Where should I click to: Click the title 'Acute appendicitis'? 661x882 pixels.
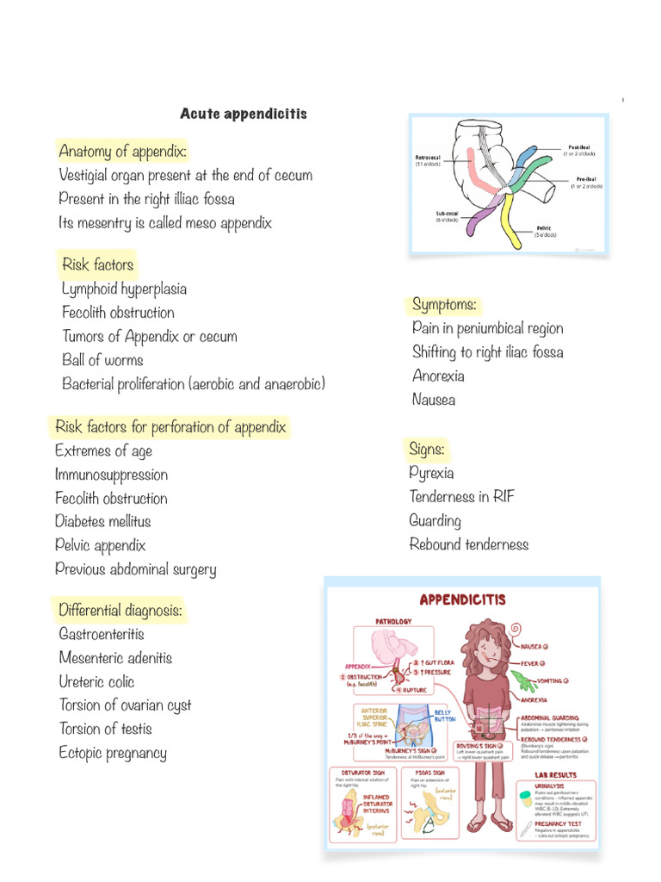click(x=244, y=114)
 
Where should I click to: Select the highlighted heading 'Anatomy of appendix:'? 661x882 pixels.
click(x=122, y=152)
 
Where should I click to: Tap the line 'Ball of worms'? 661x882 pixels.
click(x=102, y=360)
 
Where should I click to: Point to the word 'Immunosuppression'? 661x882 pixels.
click(x=111, y=475)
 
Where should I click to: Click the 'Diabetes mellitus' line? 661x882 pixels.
click(x=102, y=521)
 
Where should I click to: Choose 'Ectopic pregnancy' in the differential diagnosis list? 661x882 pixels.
click(x=113, y=753)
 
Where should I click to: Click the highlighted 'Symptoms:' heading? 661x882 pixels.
click(x=444, y=305)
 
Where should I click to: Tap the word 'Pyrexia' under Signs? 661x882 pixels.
click(x=431, y=473)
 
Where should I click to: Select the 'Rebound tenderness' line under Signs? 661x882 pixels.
click(x=468, y=544)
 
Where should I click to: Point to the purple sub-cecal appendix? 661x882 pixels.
click(x=475, y=220)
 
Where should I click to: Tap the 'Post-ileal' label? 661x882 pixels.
click(x=578, y=148)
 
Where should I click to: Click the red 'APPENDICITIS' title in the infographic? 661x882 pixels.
click(x=462, y=599)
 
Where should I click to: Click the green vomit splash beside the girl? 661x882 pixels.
click(x=526, y=681)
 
